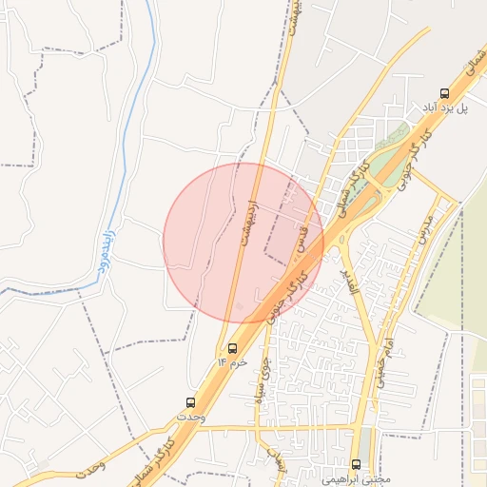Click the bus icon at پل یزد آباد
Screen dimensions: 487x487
444,92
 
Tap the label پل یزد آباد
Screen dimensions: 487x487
446,108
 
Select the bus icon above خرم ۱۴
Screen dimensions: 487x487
233,348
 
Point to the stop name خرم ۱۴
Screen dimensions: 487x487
232,362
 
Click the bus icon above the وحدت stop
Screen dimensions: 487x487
190,403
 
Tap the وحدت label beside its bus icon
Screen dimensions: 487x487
190,418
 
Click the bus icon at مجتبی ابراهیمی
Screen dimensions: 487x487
357,464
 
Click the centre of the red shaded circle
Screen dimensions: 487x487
243,243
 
